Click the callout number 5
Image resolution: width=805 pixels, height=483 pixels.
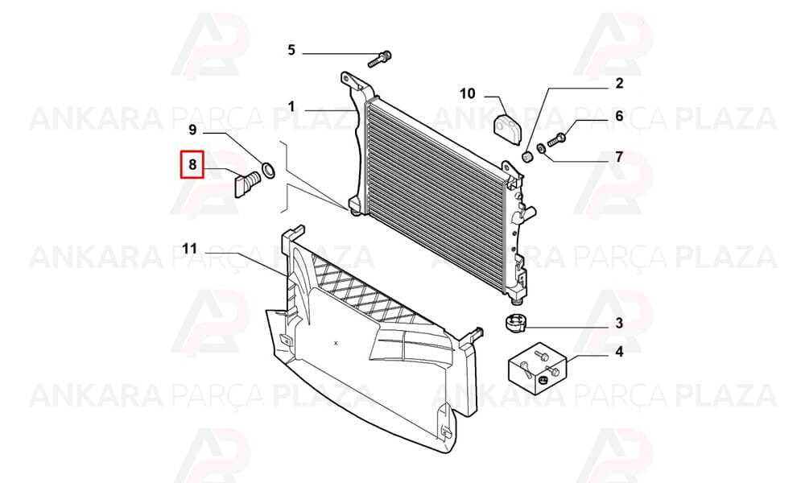(291, 50)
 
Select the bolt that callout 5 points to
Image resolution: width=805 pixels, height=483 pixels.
(379, 59)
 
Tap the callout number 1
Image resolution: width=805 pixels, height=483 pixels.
(291, 107)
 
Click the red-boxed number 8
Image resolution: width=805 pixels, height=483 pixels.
(192, 165)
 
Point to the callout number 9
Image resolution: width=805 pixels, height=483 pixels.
(192, 130)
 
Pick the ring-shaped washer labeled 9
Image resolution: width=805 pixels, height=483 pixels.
(268, 170)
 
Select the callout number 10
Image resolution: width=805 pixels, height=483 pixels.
(468, 94)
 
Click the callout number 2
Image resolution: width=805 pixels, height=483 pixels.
(619, 83)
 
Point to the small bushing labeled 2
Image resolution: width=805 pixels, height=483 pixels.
(526, 156)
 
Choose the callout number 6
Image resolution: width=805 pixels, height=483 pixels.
(619, 116)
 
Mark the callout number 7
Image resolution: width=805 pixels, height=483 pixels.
(619, 156)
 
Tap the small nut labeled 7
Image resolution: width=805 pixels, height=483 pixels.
(541, 149)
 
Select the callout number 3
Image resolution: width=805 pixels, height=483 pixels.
(619, 324)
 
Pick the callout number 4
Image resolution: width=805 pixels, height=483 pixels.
(619, 352)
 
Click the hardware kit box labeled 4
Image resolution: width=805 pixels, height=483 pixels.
(537, 369)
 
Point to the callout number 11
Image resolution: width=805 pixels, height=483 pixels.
(189, 249)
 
